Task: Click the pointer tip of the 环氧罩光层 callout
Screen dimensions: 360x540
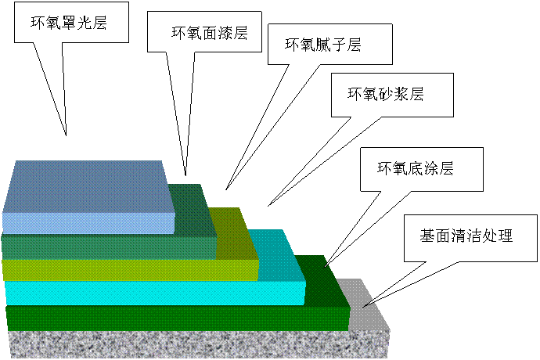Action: [x=67, y=135]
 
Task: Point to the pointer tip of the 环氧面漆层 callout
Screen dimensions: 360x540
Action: [x=185, y=173]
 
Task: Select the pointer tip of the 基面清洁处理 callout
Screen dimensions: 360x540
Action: [x=361, y=304]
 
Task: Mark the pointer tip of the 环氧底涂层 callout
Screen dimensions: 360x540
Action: [x=325, y=263]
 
